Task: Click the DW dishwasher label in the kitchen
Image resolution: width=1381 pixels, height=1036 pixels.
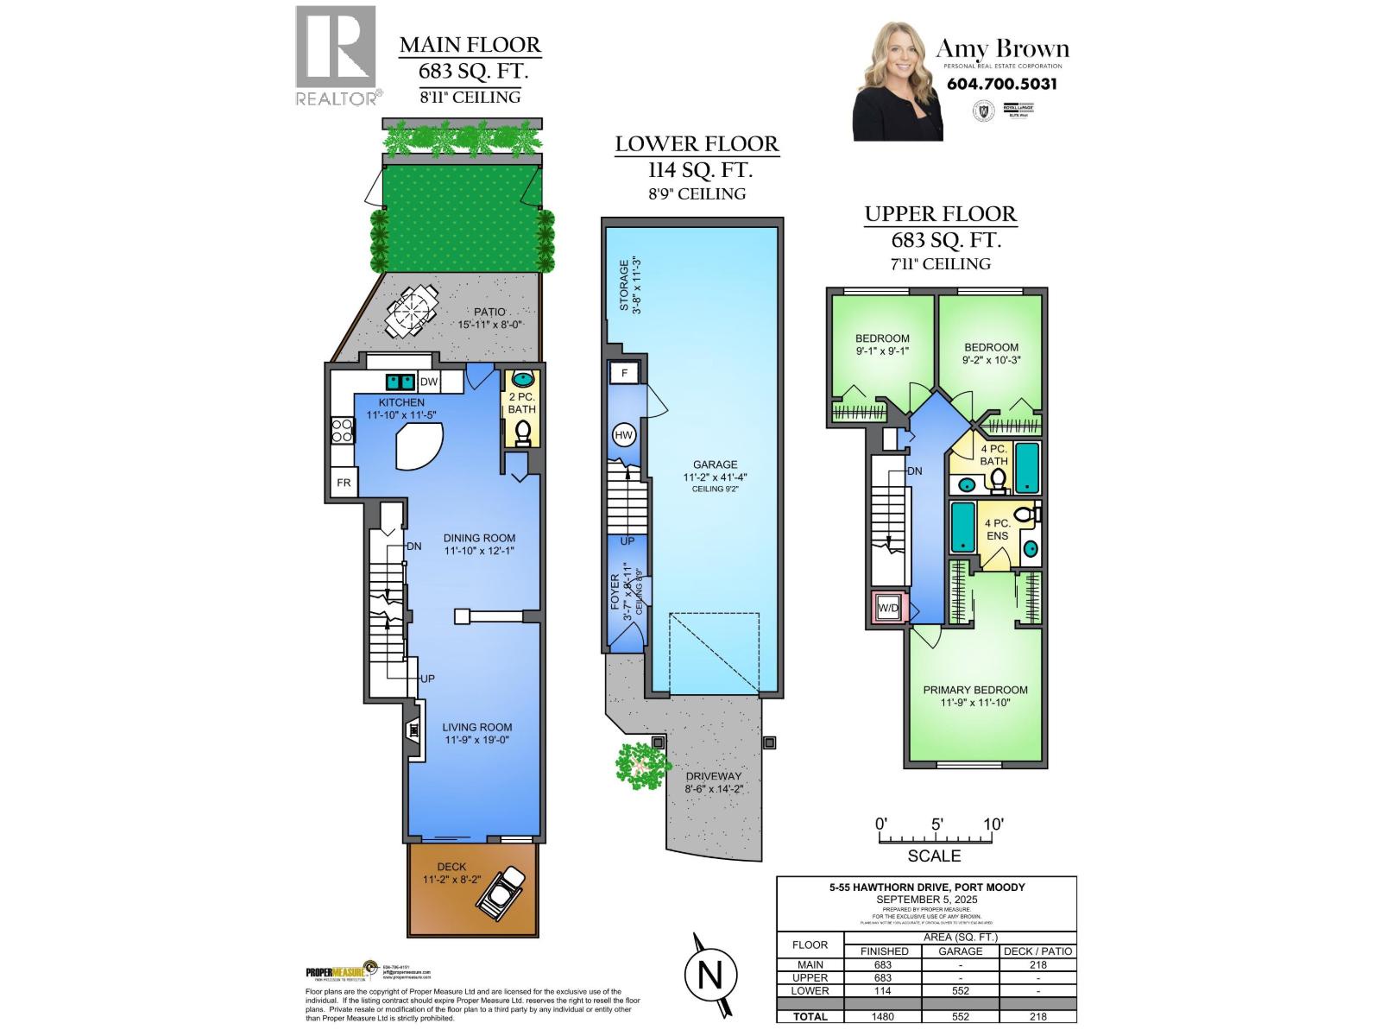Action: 429,382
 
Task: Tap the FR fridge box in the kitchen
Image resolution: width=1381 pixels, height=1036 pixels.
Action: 344,483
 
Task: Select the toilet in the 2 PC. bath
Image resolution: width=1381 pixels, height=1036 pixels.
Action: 522,431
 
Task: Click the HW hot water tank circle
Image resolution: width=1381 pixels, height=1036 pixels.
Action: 623,436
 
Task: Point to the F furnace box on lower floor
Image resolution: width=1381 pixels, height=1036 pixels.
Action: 623,373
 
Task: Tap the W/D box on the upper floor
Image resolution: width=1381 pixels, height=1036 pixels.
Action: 888,608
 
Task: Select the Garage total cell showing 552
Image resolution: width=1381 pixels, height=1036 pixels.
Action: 960,1016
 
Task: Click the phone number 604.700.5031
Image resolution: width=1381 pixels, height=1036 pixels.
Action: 1001,84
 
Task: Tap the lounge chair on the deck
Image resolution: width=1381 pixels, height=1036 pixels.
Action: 501,892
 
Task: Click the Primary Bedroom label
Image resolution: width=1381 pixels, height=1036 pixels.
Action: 975,690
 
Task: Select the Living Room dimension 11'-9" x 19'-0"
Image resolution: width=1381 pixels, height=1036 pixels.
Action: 478,740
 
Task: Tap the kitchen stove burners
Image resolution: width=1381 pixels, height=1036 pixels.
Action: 342,429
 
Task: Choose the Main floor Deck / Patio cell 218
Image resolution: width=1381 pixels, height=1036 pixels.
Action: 1037,964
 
